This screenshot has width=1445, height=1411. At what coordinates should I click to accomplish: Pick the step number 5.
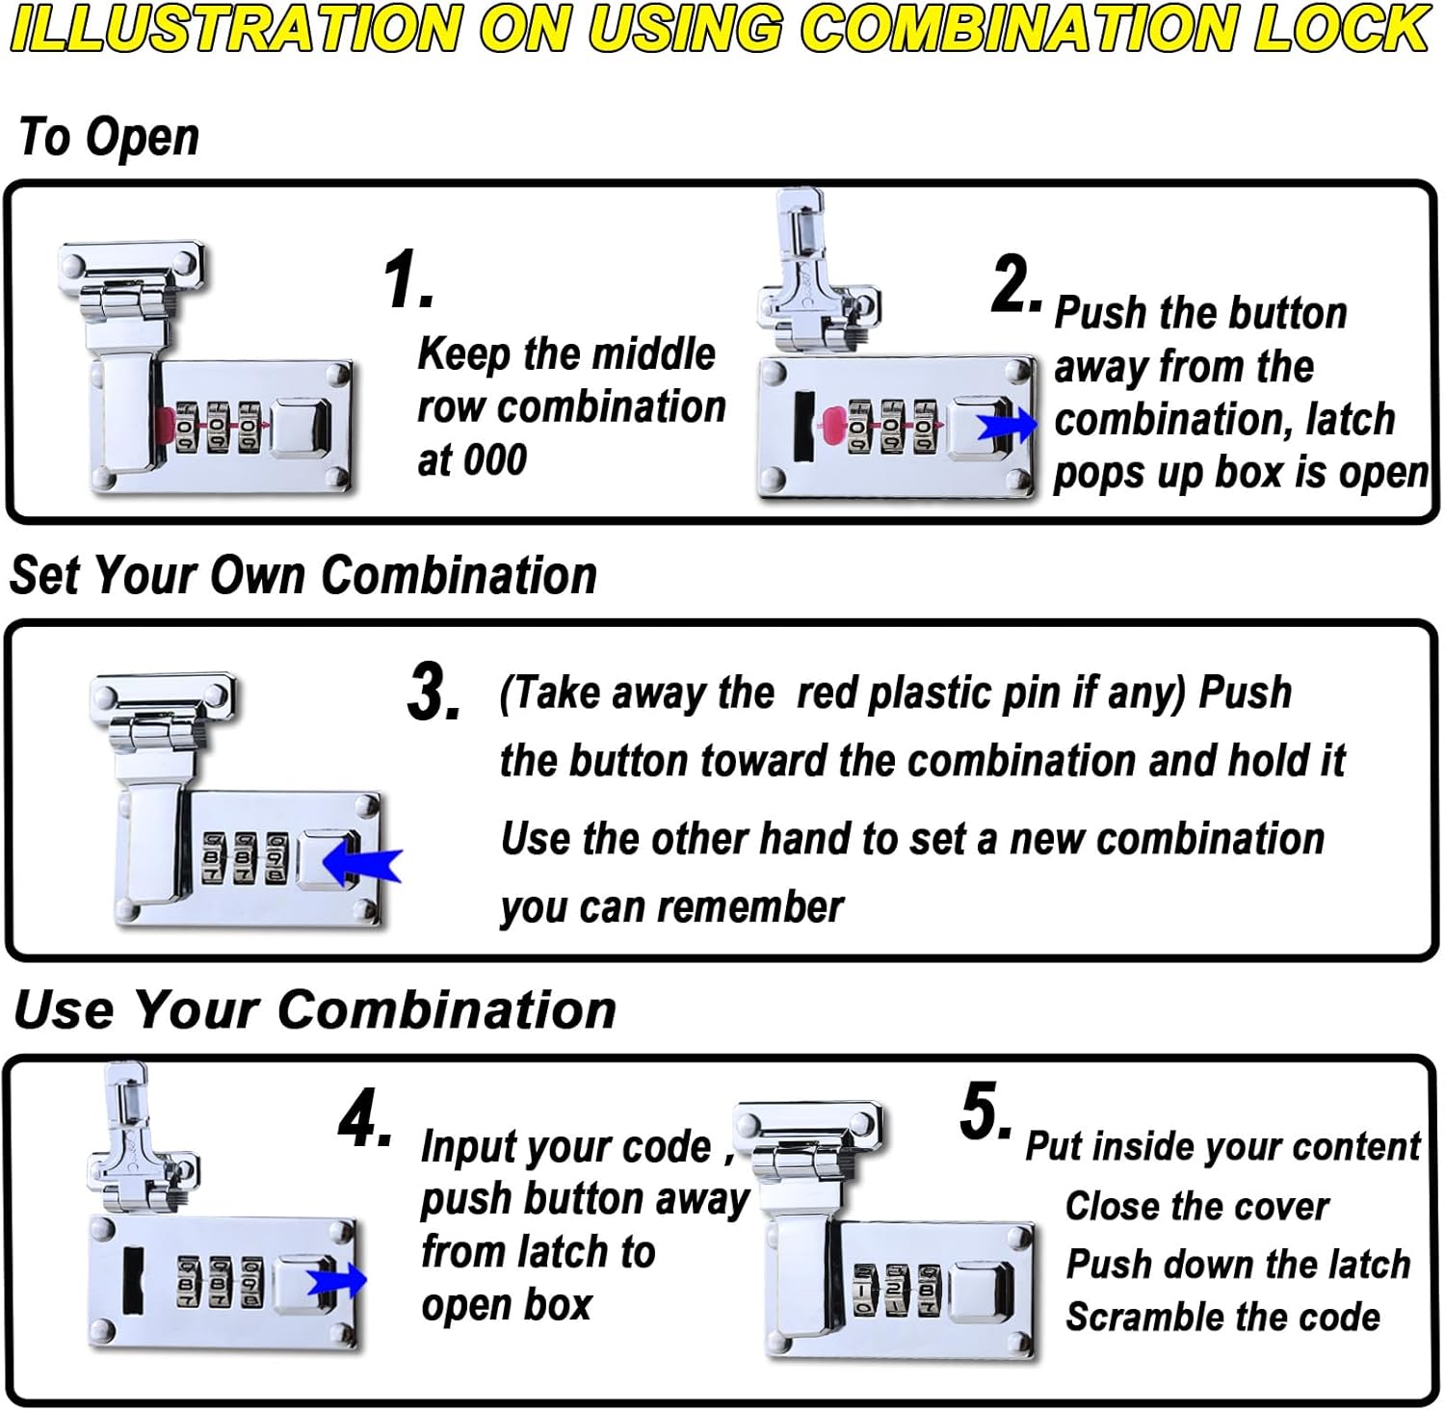pyautogui.click(x=985, y=1112)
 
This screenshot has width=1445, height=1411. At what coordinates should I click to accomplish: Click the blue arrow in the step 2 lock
pyautogui.click(x=1008, y=425)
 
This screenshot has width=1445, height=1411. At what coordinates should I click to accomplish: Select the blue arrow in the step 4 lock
pyautogui.click(x=337, y=1281)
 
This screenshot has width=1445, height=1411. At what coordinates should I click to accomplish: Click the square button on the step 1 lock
pyautogui.click(x=301, y=427)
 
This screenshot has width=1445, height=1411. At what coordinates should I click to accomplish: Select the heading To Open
pyautogui.click(x=109, y=137)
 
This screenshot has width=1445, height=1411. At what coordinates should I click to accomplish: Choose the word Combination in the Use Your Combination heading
pyautogui.click(x=447, y=1010)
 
